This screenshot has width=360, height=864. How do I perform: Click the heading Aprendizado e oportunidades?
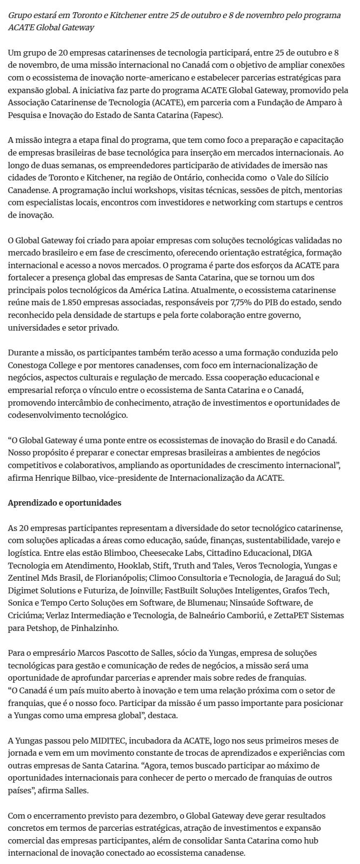64,503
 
